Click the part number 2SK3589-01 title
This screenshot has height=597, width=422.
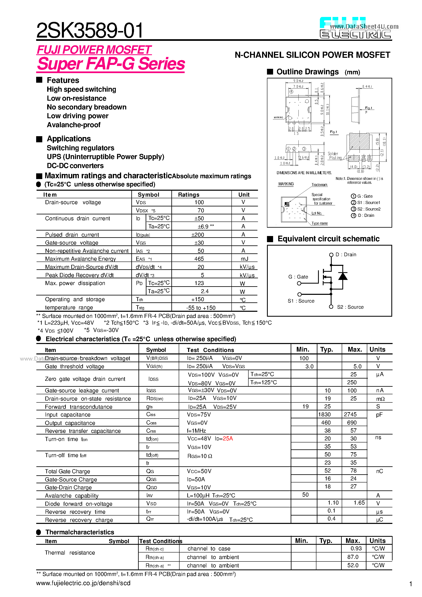89,30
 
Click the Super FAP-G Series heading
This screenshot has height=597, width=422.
111,64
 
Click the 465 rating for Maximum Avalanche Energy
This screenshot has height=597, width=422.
199,259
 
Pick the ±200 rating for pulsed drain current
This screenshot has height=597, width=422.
198,235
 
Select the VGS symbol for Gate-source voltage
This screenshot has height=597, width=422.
141,243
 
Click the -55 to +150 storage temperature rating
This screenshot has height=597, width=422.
201,308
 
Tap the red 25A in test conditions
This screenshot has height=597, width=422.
228,439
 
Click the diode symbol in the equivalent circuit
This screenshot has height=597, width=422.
343,276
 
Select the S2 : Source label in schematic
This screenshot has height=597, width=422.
350,307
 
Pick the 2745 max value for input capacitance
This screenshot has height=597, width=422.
350,415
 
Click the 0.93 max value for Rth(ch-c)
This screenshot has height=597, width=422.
356,549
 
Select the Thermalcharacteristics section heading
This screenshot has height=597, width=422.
80,532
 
